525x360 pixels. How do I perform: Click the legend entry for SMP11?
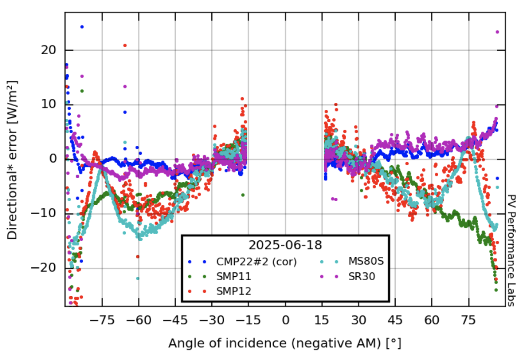(x=234, y=276)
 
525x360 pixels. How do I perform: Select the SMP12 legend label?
(x=234, y=291)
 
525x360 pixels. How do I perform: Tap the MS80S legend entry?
(x=367, y=262)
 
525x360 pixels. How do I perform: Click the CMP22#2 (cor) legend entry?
(x=256, y=262)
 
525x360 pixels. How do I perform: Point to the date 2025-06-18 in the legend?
(x=285, y=245)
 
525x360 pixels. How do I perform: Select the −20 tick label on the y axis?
(x=49, y=268)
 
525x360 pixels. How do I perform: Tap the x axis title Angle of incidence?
(x=285, y=344)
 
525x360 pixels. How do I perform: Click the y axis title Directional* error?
(x=13, y=159)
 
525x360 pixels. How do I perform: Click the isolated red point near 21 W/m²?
(x=125, y=45)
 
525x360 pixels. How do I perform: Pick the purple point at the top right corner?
(x=497, y=32)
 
